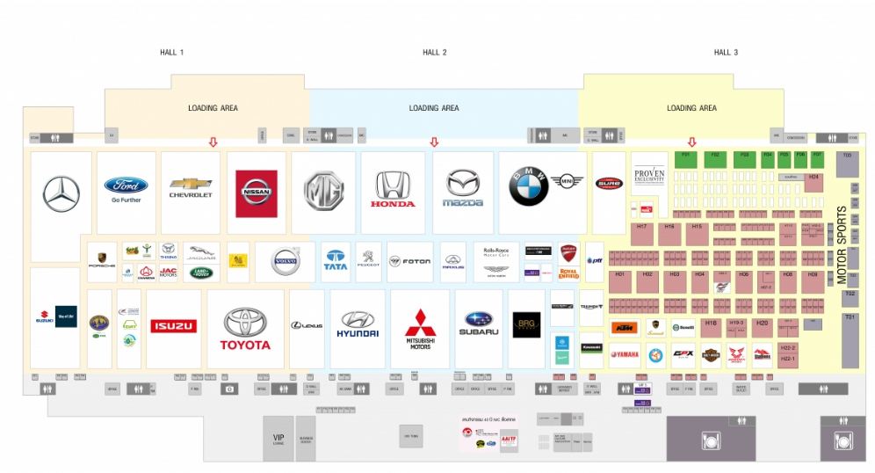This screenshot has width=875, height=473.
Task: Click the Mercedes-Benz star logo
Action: (61, 194)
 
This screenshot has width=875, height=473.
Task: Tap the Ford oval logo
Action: (126, 186)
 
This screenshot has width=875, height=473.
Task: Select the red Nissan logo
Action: (257, 193)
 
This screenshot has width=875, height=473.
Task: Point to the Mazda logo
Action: (463, 188)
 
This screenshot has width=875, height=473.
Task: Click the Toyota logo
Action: (245, 328)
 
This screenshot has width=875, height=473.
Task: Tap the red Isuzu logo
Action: (175, 326)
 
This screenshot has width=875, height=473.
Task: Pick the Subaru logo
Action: (479, 324)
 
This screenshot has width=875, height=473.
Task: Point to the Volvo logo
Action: (286, 261)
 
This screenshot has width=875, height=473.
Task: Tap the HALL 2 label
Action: (434, 53)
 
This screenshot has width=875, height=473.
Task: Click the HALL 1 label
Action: (171, 53)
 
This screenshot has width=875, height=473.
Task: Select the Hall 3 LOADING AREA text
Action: (691, 108)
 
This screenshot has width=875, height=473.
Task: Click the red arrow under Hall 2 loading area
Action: (433, 142)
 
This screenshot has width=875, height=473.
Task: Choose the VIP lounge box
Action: (278, 436)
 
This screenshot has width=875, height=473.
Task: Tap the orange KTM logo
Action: (623, 329)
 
